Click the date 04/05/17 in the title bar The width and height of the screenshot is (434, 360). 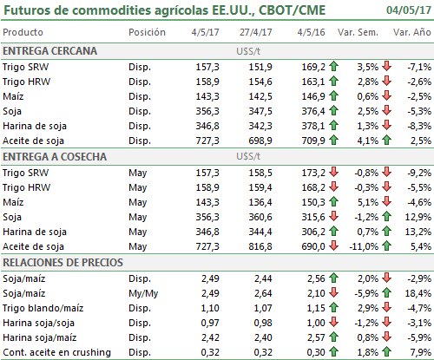click(x=409, y=10)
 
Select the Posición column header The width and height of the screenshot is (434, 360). click(x=147, y=32)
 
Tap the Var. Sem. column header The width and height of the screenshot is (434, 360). click(x=358, y=32)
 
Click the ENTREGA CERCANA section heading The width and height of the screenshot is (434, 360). click(x=49, y=51)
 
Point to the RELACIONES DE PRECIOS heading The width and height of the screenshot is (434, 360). click(x=62, y=263)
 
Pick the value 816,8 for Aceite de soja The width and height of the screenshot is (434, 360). click(x=260, y=246)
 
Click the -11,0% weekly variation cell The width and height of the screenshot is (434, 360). click(x=364, y=246)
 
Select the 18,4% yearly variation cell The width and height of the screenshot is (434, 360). click(x=418, y=293)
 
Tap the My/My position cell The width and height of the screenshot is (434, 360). click(x=143, y=294)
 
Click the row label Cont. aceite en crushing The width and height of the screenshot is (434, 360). click(x=56, y=352)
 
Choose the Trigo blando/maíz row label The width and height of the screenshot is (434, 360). click(x=43, y=308)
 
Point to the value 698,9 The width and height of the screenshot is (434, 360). click(x=260, y=141)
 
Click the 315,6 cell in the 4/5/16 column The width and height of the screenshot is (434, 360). click(x=313, y=217)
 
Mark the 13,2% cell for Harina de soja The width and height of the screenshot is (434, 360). click(x=418, y=232)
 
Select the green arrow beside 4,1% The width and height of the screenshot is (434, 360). click(x=386, y=141)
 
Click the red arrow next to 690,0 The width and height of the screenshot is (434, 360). click(x=333, y=245)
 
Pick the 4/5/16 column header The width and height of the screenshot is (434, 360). click(x=311, y=32)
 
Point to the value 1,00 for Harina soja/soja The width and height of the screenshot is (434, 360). click(x=316, y=323)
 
